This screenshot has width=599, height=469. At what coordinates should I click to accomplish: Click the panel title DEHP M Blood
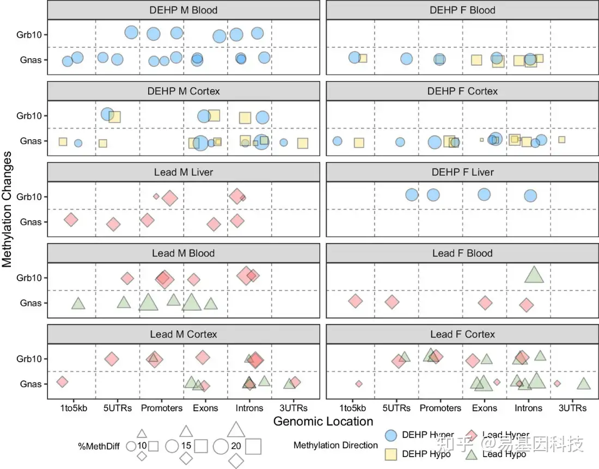(x=183, y=10)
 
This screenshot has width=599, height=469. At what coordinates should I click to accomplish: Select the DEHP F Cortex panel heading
(x=462, y=91)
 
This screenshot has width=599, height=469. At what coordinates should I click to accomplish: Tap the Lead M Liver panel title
(x=183, y=172)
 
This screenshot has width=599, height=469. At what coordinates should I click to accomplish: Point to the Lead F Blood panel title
(x=462, y=254)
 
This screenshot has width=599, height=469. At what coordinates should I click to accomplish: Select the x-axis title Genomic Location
(x=323, y=421)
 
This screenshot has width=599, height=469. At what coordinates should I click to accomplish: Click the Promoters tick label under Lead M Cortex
(x=162, y=408)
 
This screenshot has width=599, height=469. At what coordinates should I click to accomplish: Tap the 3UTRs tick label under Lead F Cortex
(x=571, y=408)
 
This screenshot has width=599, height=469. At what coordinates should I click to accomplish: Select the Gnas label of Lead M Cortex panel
(x=30, y=384)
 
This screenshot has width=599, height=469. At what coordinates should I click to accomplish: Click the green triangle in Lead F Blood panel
(x=534, y=275)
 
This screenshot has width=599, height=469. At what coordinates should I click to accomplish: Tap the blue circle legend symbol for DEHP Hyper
(x=390, y=435)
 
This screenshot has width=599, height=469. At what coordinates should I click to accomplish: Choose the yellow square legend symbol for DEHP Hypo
(x=390, y=453)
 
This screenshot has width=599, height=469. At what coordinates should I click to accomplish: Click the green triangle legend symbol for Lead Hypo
(x=472, y=453)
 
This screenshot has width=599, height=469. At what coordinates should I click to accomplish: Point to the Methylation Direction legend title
(x=335, y=445)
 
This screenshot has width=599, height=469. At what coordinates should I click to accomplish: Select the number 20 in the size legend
(x=236, y=446)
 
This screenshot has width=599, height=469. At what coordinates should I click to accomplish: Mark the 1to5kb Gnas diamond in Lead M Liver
(x=71, y=220)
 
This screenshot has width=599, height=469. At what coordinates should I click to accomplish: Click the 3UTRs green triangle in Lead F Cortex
(x=584, y=384)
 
